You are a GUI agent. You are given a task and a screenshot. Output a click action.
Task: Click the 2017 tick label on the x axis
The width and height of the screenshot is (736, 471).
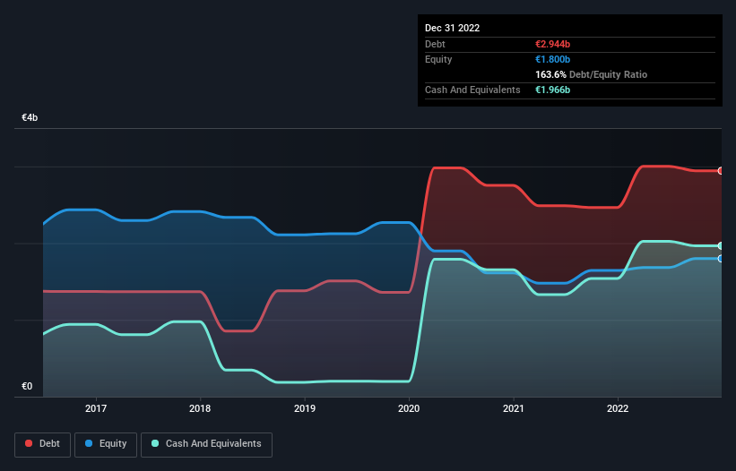[96, 408]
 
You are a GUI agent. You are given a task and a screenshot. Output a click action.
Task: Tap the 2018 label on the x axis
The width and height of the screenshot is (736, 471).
[200, 408]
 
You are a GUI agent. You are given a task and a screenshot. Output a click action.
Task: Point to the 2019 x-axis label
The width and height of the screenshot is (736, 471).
[305, 408]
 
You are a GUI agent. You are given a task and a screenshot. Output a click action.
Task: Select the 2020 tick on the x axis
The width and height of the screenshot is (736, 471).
[409, 408]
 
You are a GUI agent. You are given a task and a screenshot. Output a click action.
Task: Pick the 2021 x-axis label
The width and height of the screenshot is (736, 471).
[514, 408]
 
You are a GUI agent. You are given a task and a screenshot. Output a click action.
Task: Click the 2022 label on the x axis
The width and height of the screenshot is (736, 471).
[618, 408]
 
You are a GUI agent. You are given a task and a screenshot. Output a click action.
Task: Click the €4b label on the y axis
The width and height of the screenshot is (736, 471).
[30, 118]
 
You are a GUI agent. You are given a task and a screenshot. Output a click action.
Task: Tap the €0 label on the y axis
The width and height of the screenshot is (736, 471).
[27, 387]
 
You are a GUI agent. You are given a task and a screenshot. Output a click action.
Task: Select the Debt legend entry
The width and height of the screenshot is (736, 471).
[42, 443]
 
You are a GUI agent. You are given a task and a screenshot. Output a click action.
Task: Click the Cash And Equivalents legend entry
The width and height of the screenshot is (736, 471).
[208, 443]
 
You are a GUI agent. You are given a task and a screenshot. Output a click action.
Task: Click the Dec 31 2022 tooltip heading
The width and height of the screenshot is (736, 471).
[452, 28]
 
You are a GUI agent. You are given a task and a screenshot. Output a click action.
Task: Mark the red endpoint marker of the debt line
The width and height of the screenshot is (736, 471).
[721, 171]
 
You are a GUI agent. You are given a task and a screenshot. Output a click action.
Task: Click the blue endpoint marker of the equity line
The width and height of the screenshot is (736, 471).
[721, 259]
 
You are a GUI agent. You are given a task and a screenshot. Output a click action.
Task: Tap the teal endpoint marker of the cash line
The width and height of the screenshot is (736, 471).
[721, 245]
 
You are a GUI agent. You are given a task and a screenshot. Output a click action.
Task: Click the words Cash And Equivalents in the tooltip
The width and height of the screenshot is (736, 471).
[472, 90]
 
